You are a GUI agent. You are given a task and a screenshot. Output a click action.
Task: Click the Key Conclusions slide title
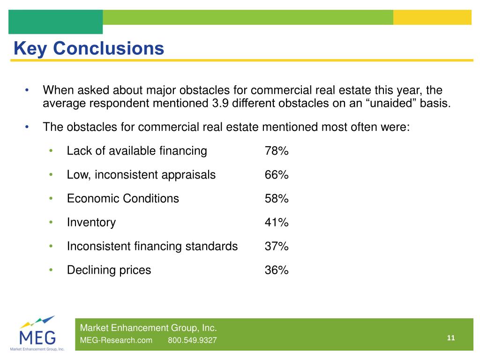point(89,48)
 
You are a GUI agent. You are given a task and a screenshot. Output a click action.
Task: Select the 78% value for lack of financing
point(277,151)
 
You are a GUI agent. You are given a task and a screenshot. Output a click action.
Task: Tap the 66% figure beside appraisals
point(277,175)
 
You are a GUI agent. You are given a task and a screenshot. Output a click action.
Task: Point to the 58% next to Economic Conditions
point(277,199)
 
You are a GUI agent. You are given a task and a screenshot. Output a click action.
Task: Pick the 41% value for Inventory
point(277,223)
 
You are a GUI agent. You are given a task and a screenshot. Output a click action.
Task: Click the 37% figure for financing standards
point(277,247)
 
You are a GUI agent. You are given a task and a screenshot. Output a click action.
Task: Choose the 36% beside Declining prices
point(277,270)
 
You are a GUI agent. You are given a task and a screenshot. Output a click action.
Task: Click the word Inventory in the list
point(91,223)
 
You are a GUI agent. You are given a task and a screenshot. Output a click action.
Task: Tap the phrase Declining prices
point(109,270)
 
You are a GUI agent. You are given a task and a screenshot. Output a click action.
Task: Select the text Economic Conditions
point(123,199)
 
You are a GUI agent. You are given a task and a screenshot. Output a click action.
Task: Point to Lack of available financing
point(136,151)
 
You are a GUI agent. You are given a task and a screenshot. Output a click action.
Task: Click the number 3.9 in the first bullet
point(214,103)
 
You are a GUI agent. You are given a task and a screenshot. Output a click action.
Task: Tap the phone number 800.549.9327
point(192,340)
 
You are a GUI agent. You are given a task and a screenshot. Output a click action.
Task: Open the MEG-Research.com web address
point(116,340)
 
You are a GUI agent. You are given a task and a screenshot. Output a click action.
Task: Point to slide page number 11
point(451,338)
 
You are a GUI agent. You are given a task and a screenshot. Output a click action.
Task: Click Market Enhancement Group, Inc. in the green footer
point(149,328)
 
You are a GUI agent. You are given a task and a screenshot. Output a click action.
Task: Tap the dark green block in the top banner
point(55,22)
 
